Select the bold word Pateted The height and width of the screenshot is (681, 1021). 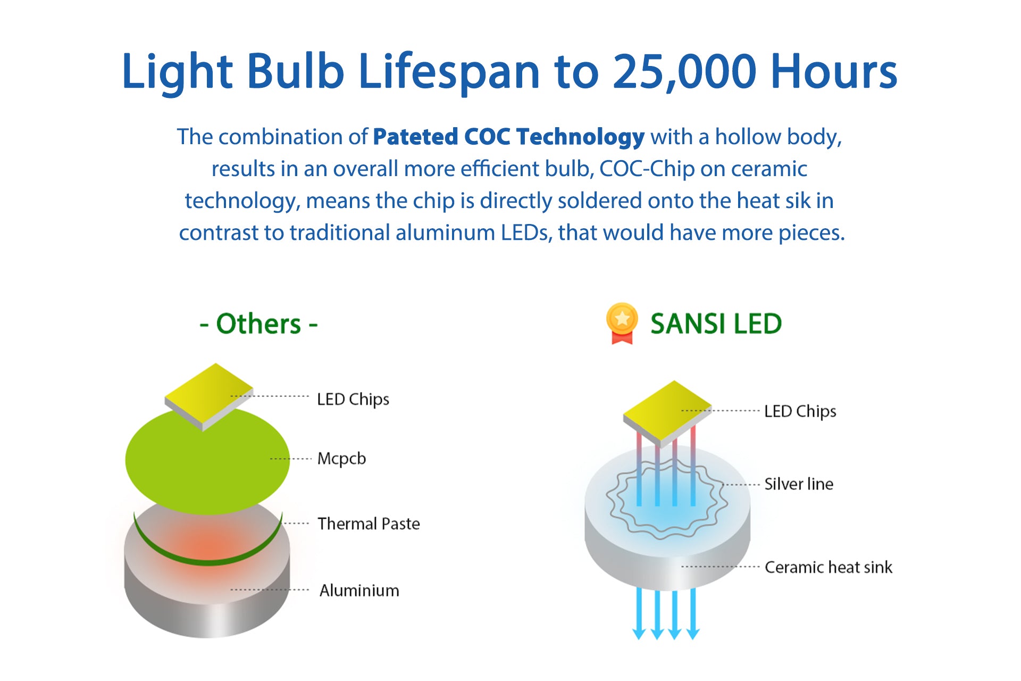(x=415, y=137)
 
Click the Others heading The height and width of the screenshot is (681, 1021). (x=258, y=323)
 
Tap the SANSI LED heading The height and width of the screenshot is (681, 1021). (x=716, y=323)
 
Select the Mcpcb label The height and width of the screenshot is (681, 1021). (x=341, y=459)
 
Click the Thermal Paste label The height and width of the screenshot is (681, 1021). (x=369, y=524)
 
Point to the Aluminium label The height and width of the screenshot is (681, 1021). (x=359, y=590)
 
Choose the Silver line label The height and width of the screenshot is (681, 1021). (x=799, y=484)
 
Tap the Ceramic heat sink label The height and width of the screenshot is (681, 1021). (x=828, y=567)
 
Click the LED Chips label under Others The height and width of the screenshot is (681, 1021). (x=353, y=399)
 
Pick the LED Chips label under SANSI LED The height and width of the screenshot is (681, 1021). (x=800, y=411)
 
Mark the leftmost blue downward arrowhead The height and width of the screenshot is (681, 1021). (x=639, y=633)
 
